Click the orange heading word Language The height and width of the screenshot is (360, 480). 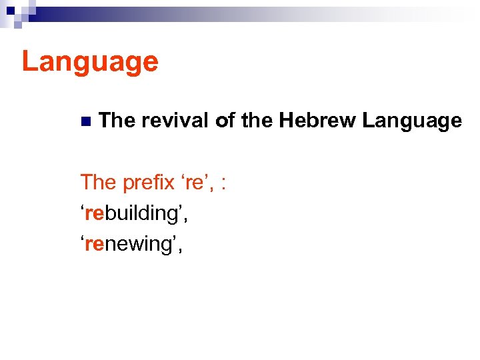click(90, 61)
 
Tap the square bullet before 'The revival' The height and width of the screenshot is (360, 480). click(85, 121)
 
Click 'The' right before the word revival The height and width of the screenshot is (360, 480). click(116, 121)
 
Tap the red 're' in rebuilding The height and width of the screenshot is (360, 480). click(94, 213)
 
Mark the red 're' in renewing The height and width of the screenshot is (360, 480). click(94, 245)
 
